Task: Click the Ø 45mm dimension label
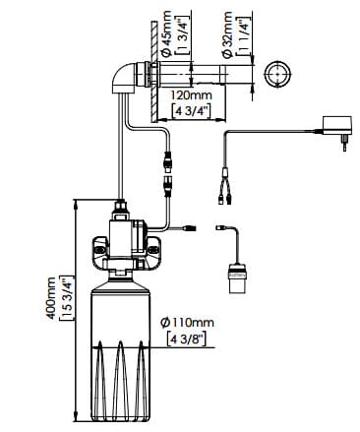coord(166,33)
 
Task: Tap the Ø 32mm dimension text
coord(227,34)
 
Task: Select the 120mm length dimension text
coord(191,95)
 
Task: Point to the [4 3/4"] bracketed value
coord(191,110)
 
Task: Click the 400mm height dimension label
coord(51,298)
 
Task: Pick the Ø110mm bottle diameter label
coord(187,323)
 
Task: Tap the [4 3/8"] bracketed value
coord(186,339)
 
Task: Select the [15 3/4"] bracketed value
coord(65,298)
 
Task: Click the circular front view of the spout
coord(277,75)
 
